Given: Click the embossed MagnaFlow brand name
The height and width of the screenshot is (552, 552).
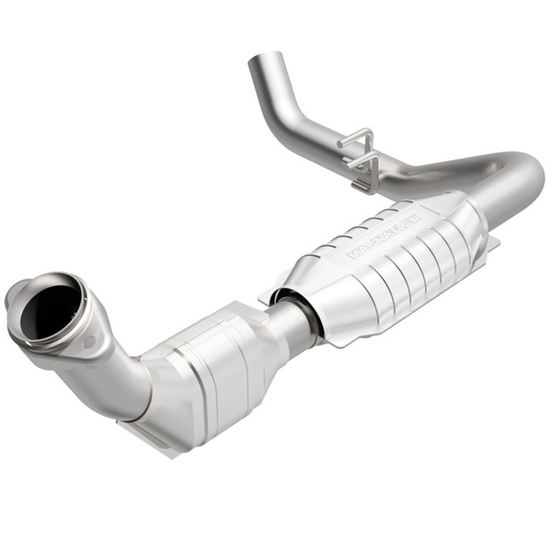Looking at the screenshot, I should (382, 236).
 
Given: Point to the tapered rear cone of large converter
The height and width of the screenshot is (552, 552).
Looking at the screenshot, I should (469, 221).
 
